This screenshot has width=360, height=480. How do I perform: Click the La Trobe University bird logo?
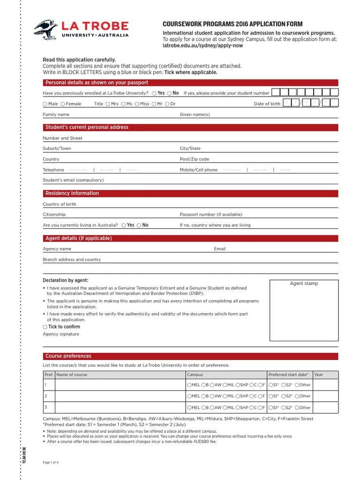(46, 29)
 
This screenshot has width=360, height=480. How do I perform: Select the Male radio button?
(45, 104)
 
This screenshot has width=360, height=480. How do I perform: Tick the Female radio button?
(63, 104)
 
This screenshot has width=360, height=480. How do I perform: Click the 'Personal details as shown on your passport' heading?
(97, 83)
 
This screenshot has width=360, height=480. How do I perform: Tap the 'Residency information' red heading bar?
(72, 194)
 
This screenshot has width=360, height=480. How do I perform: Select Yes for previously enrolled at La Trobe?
(155, 93)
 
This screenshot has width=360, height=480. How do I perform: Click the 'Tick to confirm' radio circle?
(45, 327)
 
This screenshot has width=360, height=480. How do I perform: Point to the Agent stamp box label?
(304, 284)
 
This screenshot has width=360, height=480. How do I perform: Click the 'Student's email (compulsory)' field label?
(73, 180)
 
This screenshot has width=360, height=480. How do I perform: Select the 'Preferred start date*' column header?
(288, 375)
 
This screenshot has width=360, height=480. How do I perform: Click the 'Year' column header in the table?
(319, 375)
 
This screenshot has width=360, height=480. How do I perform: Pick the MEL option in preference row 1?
(189, 385)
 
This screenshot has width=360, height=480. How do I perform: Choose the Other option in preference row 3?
(296, 408)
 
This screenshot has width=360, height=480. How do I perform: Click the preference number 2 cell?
(46, 396)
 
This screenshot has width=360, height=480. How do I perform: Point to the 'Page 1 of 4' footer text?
(51, 462)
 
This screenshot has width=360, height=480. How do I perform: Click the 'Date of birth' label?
(267, 104)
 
